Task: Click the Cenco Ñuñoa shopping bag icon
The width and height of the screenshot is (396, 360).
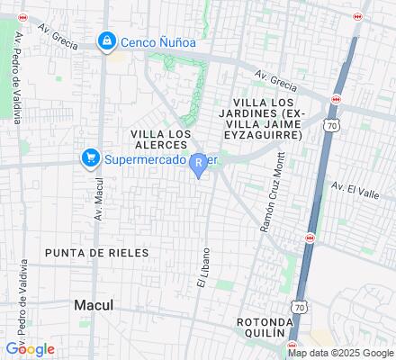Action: point(107,41)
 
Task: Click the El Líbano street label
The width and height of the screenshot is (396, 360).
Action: point(203,267)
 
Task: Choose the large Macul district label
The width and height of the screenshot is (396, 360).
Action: point(94,305)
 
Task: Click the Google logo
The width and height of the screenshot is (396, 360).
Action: point(30,349)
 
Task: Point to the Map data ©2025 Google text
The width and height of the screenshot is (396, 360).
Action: point(340,353)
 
